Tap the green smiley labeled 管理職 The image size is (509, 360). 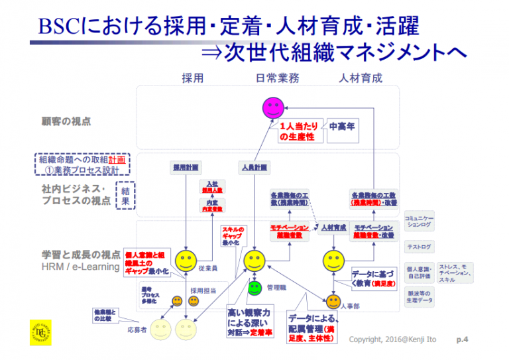pos(254,288)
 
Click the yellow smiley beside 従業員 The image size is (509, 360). pos(186,259)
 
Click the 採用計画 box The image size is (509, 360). pos(186,167)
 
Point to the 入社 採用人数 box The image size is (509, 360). pos(212,187)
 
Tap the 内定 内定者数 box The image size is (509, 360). pos(212,206)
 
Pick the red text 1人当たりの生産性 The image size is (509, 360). pos(297,131)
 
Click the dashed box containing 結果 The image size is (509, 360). pos(125,195)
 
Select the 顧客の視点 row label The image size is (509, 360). pos(66,121)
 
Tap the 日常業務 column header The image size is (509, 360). pos(278,78)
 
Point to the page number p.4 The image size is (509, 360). pos(463,339)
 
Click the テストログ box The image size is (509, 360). pos(420,247)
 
